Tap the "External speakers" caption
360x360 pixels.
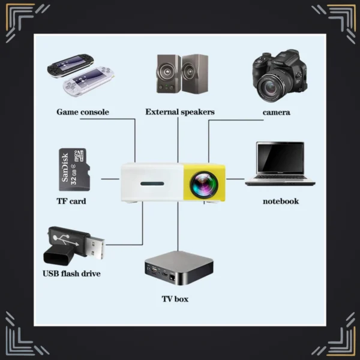179,112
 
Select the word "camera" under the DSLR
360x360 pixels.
276,112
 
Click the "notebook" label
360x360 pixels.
280,201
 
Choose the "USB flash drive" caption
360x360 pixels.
71,274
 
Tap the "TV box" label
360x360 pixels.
175,298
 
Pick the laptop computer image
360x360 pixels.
280,163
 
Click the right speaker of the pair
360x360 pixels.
194,73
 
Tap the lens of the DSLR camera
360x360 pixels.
271,87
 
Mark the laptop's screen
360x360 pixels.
280,157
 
